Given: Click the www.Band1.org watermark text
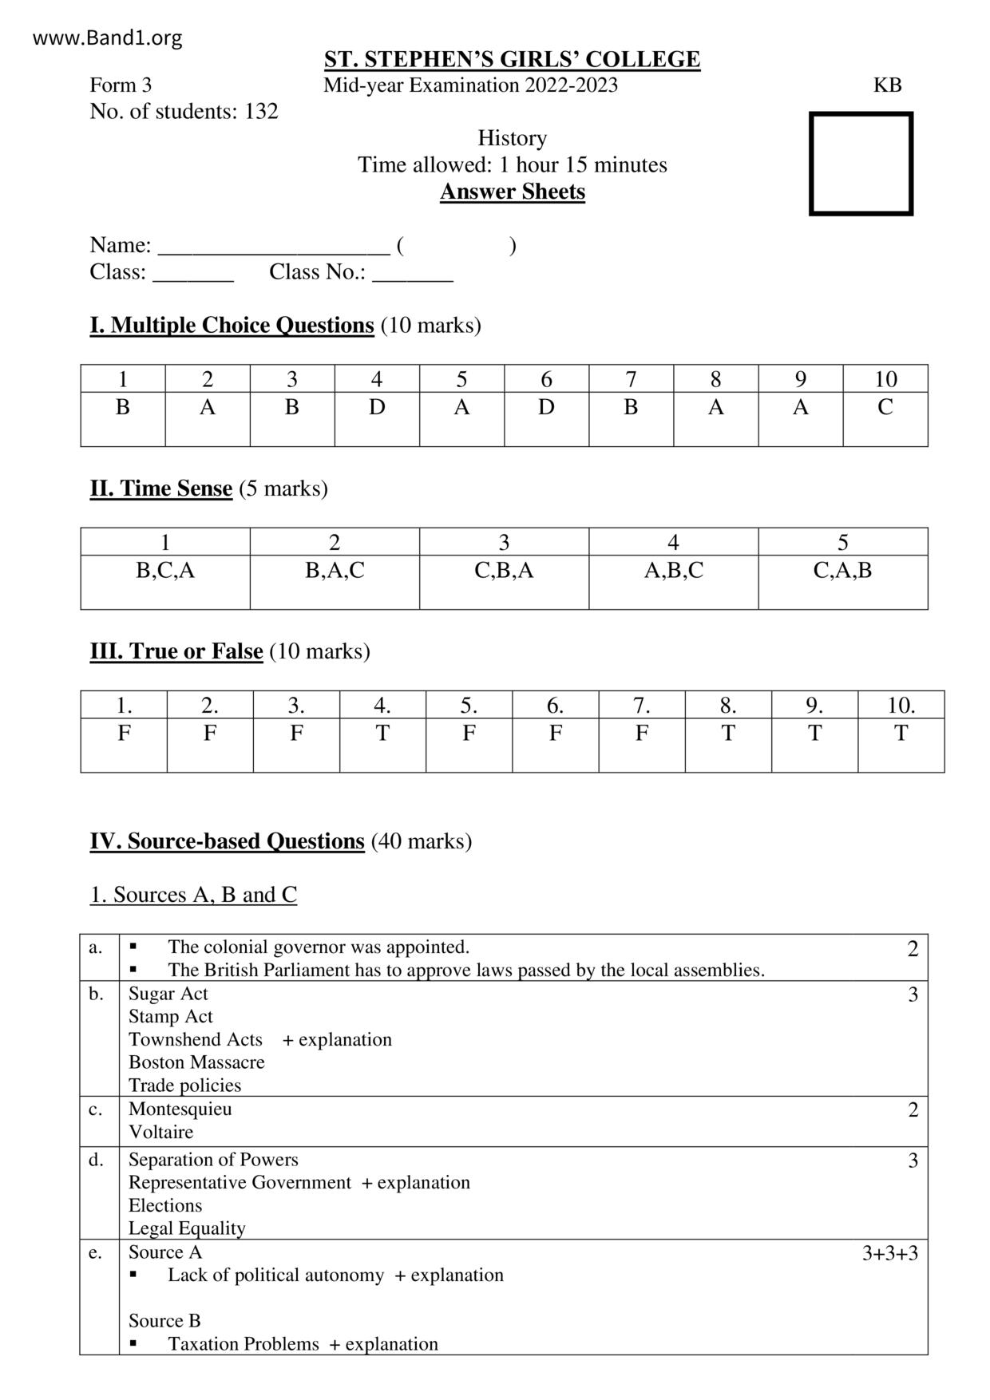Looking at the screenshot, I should coord(108,38).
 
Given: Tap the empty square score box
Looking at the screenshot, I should coord(861,164).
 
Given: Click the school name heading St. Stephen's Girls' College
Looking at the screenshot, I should coord(512,59).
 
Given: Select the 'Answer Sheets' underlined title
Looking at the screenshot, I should coord(512,192).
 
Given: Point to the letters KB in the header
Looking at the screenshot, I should coord(887,85).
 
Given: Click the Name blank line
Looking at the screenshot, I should coord(274,246).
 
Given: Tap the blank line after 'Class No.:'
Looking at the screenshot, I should coord(413,273).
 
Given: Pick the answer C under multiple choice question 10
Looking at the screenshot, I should coord(885,407).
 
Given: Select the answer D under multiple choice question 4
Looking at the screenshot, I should coord(377,407).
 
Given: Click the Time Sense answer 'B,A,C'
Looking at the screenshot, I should coord(335,570).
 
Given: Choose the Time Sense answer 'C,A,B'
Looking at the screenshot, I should coord(842,570).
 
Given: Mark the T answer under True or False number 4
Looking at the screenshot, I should coord(382,733).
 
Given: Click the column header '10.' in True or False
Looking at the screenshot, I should coord(901,706).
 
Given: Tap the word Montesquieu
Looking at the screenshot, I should coord(180,1109).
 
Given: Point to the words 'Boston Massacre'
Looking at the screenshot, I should coord(196,1062).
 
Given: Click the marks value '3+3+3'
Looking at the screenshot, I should coord(889,1253).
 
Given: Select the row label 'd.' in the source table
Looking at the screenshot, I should coord(97,1160).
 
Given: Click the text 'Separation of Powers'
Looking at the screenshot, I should coord(213,1160).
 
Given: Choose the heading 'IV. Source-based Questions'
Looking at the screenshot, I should coord(227,841).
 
